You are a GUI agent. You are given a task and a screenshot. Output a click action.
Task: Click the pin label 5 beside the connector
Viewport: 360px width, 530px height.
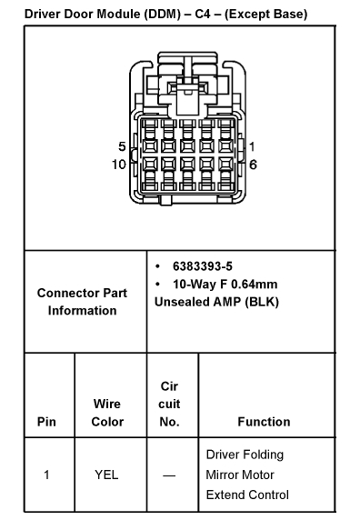point(122,146)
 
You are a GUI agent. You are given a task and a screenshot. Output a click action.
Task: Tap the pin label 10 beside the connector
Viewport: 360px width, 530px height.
point(118,165)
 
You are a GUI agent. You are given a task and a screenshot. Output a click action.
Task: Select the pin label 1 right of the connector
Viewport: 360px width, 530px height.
point(252,146)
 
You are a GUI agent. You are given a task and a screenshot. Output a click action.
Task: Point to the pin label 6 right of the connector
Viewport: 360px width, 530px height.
point(252,165)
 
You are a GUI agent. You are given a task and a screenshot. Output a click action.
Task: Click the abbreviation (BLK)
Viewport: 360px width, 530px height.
point(260,301)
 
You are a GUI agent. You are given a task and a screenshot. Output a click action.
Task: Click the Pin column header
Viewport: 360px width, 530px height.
point(46,422)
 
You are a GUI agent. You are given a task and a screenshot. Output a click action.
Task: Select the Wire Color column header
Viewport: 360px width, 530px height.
point(107,413)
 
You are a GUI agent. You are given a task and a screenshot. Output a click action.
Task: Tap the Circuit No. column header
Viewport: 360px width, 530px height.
point(169,404)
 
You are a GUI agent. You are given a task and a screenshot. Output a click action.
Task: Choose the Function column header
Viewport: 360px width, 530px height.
point(264,422)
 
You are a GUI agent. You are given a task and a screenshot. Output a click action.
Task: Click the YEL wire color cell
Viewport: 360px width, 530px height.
point(107,475)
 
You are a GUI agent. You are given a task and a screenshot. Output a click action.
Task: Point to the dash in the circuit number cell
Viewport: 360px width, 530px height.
point(169,475)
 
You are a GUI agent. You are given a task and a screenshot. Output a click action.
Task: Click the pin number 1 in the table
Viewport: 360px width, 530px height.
point(46,475)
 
